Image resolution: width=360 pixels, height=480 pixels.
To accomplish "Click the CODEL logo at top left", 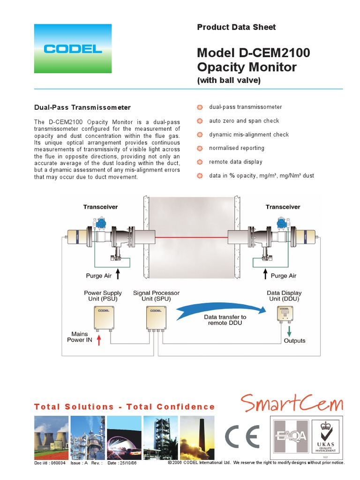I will [x=73, y=48].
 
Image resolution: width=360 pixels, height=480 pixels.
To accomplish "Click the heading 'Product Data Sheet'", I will [x=236, y=27].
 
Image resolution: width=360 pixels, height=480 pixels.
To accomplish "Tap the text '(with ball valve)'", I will [x=228, y=81].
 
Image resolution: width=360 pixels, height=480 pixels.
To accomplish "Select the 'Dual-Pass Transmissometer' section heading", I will [x=82, y=107].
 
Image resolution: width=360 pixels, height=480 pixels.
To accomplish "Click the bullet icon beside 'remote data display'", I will [x=200, y=162].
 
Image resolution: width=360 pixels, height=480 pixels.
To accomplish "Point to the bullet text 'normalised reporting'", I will [x=236, y=148].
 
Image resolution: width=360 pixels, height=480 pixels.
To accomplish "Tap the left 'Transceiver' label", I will [x=100, y=207].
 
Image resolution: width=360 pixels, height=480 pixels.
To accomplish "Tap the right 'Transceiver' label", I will [x=283, y=207].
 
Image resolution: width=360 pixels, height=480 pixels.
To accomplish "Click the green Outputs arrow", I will [x=289, y=330].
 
